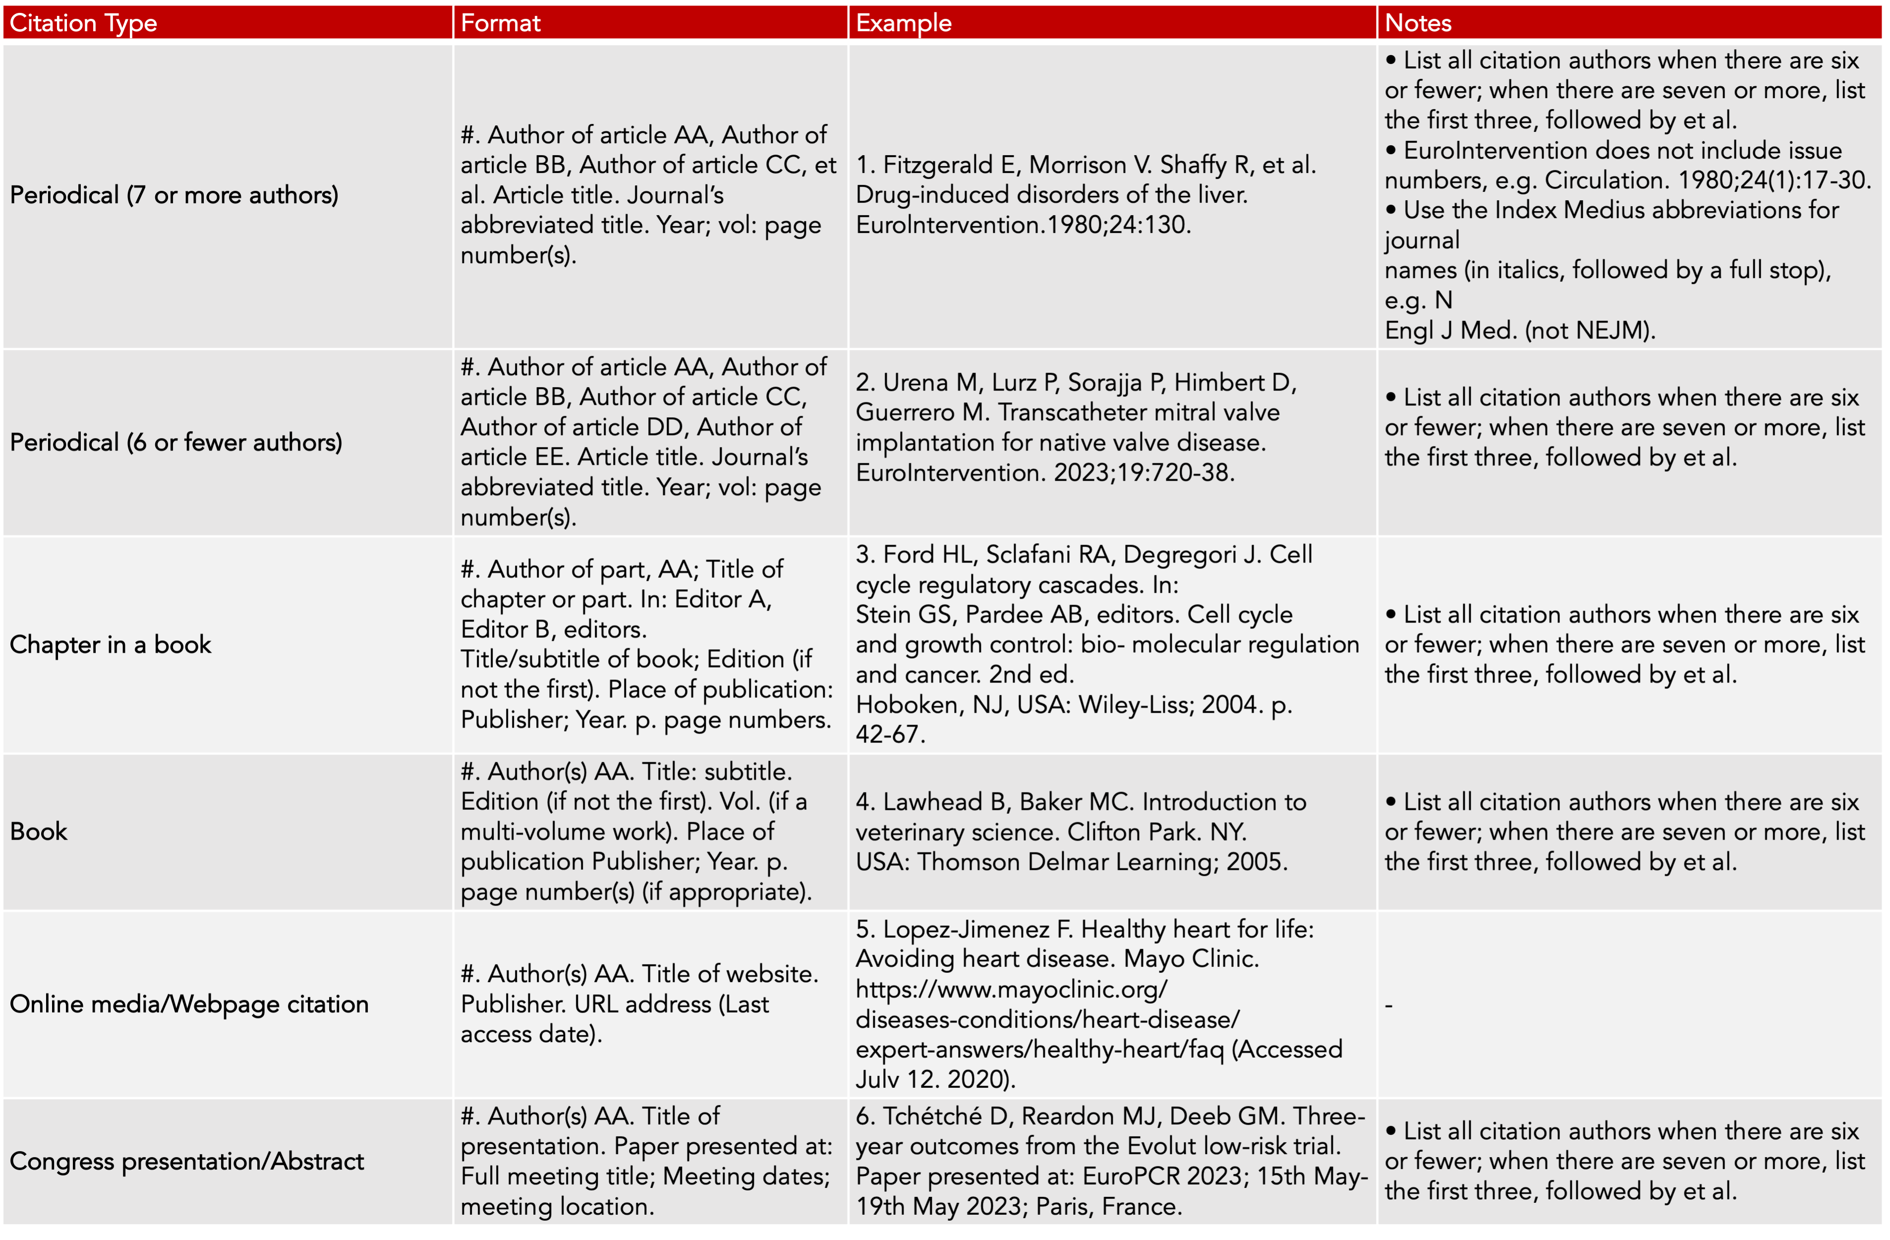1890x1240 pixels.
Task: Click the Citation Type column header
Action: [x=83, y=23]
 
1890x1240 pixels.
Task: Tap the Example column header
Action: [x=904, y=23]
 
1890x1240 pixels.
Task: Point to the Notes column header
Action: [x=1418, y=23]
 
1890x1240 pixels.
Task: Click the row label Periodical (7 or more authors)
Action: [x=174, y=195]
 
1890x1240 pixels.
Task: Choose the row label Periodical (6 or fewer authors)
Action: [x=175, y=442]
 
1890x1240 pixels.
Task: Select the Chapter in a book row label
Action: [x=111, y=645]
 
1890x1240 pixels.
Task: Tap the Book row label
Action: [x=39, y=831]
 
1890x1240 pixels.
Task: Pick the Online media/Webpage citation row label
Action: [x=189, y=1004]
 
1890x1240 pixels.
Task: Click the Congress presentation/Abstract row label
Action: [x=186, y=1161]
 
